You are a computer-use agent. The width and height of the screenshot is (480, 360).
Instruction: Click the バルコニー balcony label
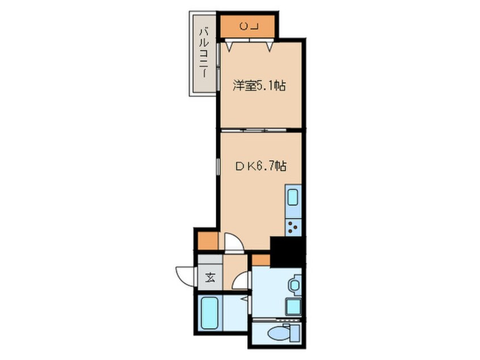click(204, 53)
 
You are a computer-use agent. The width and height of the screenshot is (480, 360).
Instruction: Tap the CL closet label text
click(249, 27)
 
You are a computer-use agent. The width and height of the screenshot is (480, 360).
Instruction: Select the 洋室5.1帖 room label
click(259, 86)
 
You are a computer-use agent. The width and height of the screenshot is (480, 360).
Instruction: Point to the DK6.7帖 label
click(260, 166)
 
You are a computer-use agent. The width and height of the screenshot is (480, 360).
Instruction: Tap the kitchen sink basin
click(293, 198)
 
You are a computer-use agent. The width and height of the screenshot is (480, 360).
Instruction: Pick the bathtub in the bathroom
click(209, 313)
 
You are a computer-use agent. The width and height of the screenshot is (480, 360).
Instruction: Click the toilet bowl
click(277, 333)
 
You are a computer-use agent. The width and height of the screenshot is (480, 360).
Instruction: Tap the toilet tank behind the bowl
click(295, 333)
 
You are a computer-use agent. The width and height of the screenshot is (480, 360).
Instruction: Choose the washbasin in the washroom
click(294, 285)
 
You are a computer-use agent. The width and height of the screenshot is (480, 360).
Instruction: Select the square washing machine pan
click(293, 307)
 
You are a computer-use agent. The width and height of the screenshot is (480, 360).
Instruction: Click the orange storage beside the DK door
click(208, 241)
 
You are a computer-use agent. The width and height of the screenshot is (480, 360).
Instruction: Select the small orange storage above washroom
click(261, 261)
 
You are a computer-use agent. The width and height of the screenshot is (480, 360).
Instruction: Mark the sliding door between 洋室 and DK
click(254, 130)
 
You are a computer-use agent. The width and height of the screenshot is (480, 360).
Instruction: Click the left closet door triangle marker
click(230, 46)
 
